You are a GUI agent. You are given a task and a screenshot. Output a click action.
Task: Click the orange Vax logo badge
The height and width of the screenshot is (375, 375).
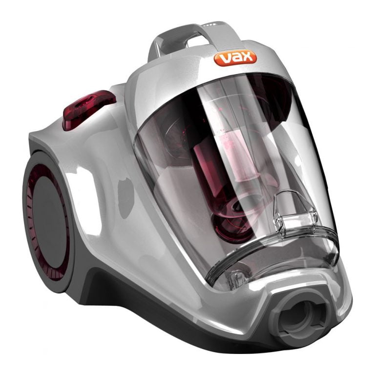tap(235, 58)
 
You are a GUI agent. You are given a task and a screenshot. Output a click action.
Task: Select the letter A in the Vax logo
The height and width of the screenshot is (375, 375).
tap(235, 59)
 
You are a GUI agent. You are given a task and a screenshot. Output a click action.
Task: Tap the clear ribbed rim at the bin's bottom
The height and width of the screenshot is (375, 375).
tap(273, 259)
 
